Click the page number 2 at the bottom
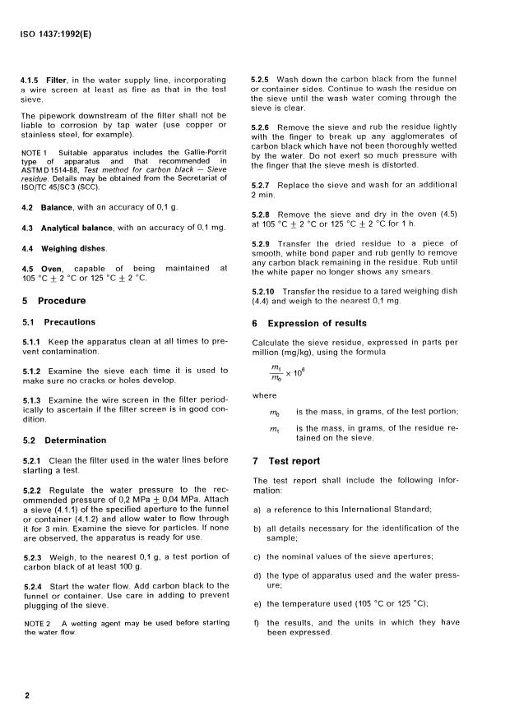pyautogui.click(x=27, y=695)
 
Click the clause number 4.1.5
pyautogui.click(x=30, y=80)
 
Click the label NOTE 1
pyautogui.click(x=35, y=153)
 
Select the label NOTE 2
pyautogui.click(x=35, y=621)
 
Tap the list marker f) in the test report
pyautogui.click(x=257, y=623)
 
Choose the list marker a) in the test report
pyautogui.click(x=257, y=510)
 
